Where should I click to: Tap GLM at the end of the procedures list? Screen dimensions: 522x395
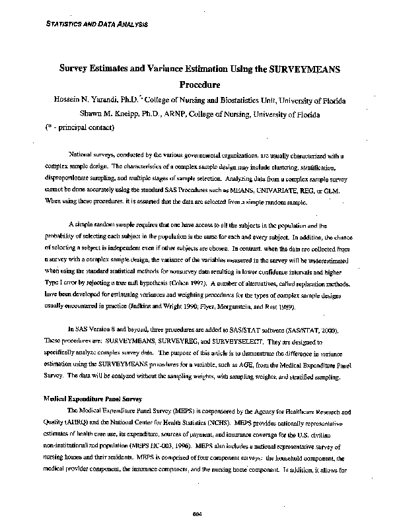click(336, 189)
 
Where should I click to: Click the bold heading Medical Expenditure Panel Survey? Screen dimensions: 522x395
click(90, 399)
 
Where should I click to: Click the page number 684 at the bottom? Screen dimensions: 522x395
click(196, 513)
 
